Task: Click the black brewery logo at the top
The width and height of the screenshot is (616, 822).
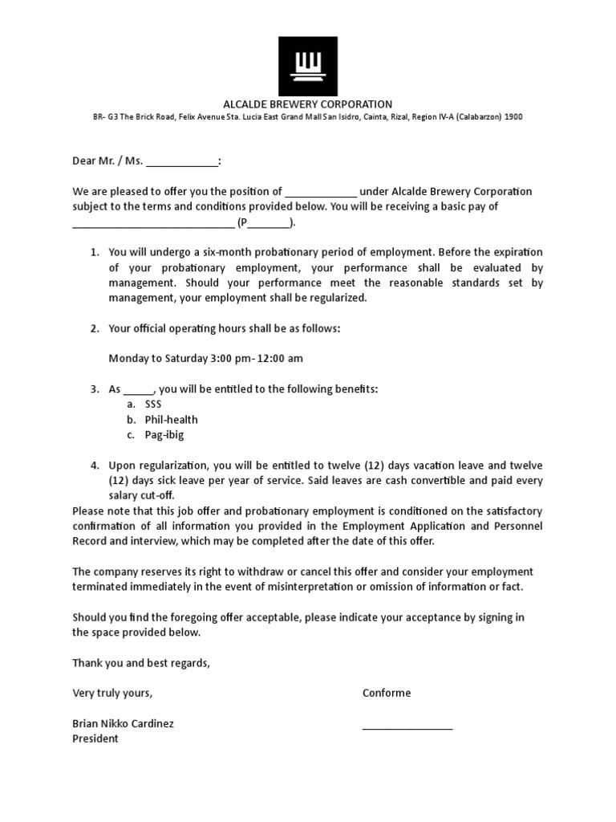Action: click(308, 66)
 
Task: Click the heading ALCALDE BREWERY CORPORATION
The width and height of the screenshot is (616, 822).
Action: click(307, 104)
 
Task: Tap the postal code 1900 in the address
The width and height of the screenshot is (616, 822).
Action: click(513, 117)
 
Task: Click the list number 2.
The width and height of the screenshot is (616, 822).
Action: click(94, 328)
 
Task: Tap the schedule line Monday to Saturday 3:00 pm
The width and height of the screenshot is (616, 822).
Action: click(205, 358)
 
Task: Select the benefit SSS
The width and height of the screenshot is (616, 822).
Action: click(153, 405)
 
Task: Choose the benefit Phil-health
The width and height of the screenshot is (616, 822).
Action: click(171, 420)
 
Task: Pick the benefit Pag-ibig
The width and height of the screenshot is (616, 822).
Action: click(164, 435)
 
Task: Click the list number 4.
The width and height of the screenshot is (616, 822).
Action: click(94, 466)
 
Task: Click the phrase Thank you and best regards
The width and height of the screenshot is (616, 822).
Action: click(141, 663)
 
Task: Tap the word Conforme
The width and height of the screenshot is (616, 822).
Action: click(387, 693)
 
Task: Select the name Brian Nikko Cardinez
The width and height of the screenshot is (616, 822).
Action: click(123, 723)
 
